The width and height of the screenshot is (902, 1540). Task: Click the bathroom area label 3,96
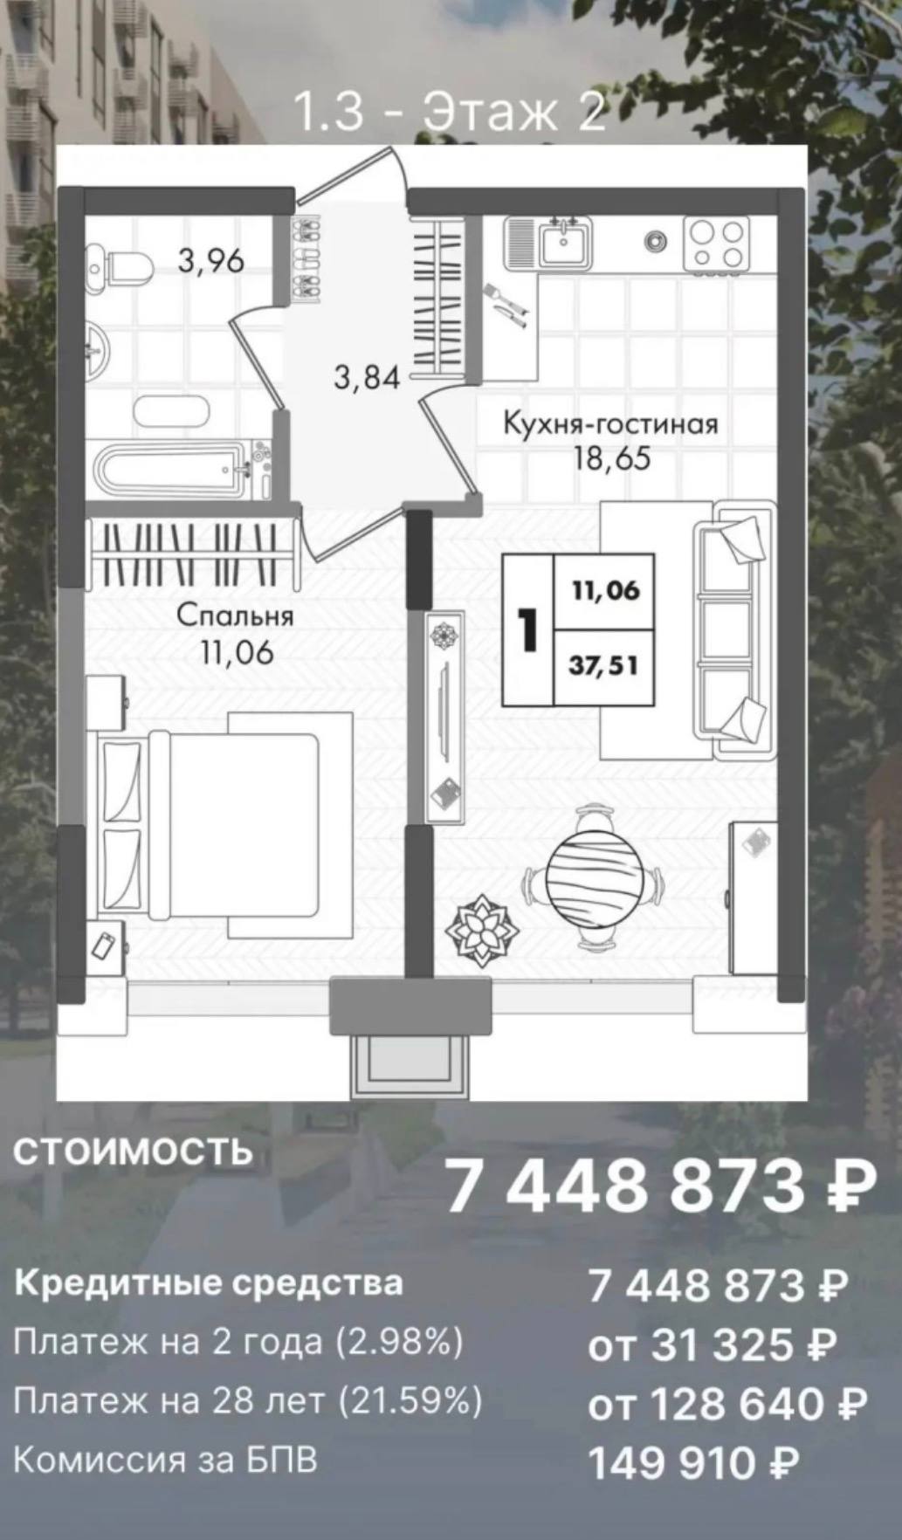(211, 260)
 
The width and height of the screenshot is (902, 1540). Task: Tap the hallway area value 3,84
(367, 378)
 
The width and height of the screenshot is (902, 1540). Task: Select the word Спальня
(236, 615)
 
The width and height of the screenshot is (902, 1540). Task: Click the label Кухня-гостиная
(610, 424)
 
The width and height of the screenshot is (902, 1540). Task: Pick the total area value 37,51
(603, 667)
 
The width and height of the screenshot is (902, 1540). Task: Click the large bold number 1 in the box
(527, 629)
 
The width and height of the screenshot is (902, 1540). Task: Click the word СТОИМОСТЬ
(133, 1152)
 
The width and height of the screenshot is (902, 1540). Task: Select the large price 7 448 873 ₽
(660, 1186)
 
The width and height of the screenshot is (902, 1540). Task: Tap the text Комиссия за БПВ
(166, 1460)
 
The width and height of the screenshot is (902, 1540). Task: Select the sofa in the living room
(733, 629)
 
